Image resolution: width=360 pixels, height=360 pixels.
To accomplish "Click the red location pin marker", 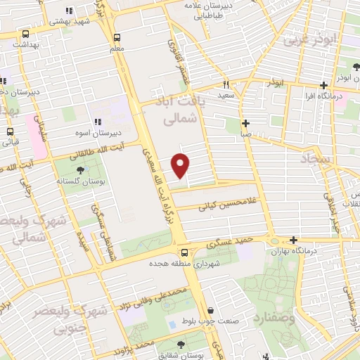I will [x=181, y=165].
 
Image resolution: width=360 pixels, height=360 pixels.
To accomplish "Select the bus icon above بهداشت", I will [x=27, y=33].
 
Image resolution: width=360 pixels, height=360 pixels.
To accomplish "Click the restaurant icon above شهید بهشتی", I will [x=68, y=11].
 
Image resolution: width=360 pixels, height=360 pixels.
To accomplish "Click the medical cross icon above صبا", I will [x=245, y=123].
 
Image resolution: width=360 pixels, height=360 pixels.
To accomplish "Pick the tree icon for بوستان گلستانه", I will [x=79, y=170].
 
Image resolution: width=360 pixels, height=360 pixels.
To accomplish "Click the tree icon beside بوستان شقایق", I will [x=181, y=345].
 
